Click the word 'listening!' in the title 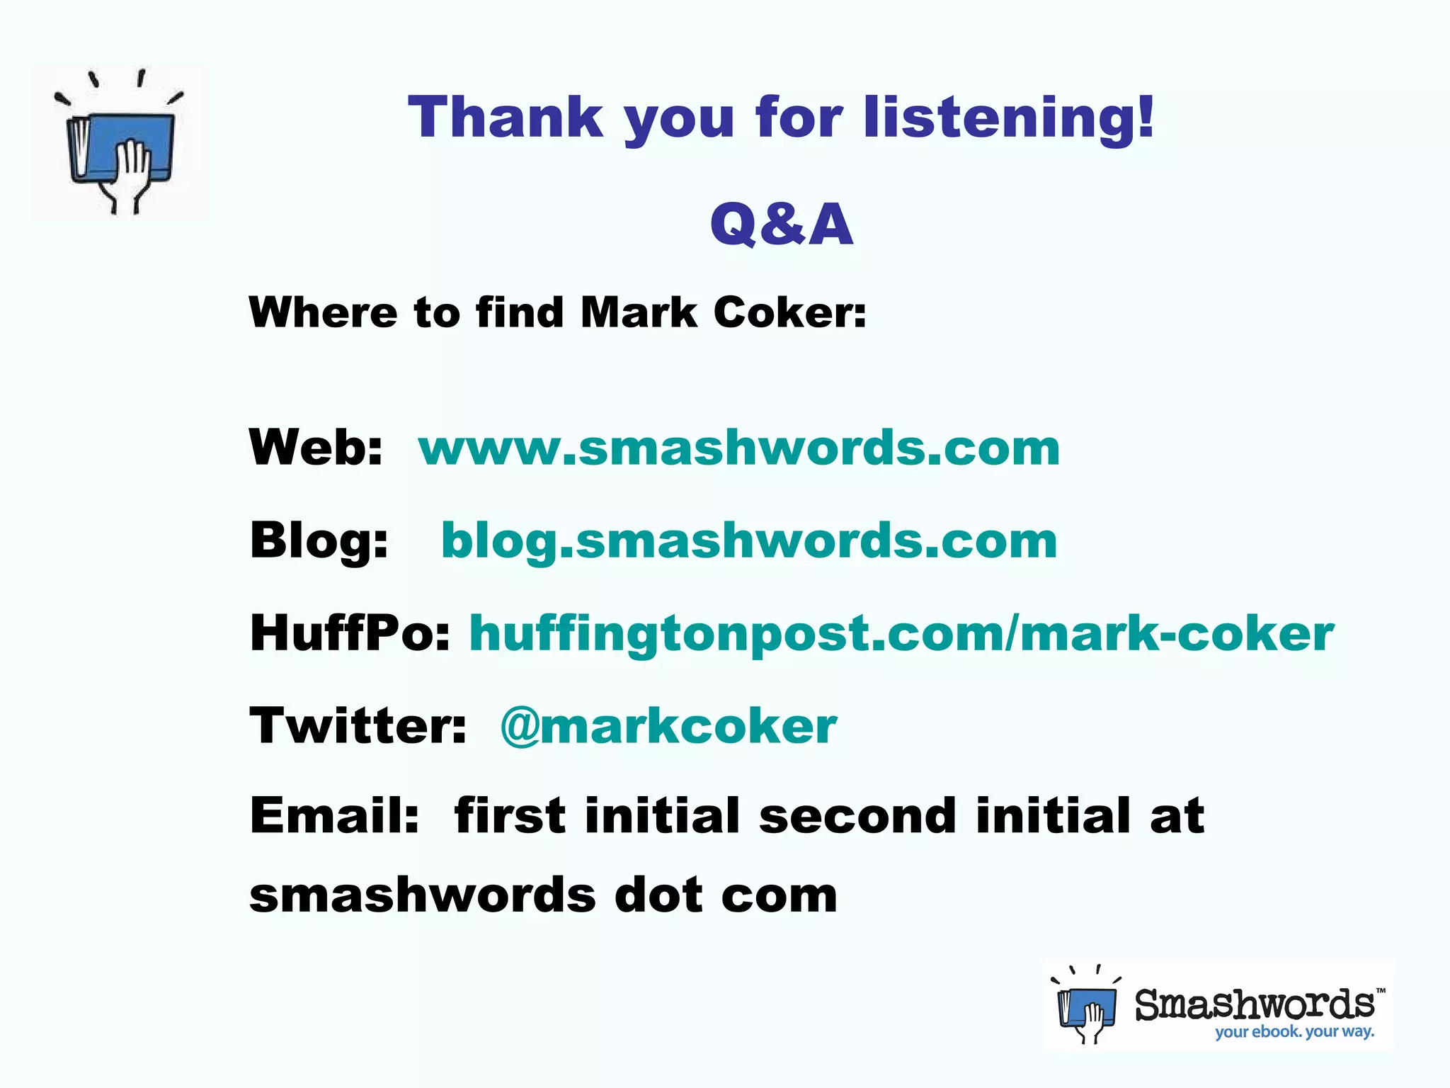[1008, 118]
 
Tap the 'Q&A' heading [782, 224]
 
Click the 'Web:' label [316, 448]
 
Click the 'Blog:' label [319, 540]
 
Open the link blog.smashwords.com [749, 540]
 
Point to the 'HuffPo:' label [350, 633]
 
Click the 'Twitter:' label [358, 725]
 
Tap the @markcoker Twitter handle [668, 725]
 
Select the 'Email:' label [335, 815]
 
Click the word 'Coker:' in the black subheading [789, 312]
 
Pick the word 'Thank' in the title [506, 118]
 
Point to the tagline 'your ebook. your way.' [1294, 1031]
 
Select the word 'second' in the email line [857, 815]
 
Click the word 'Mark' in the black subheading [639, 312]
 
